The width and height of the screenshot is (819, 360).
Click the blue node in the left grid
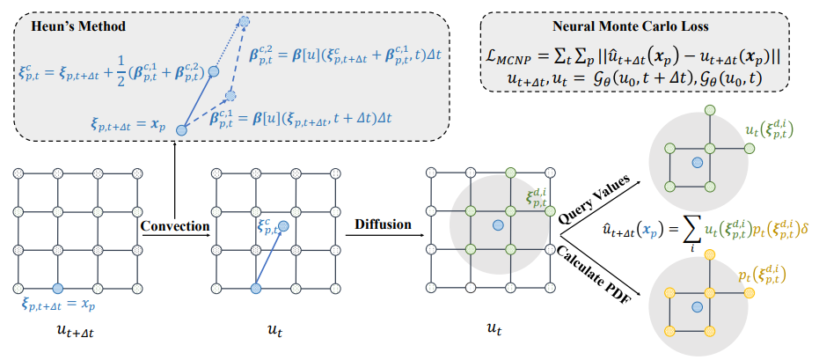coord(58,288)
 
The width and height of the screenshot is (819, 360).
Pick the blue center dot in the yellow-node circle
coord(697,307)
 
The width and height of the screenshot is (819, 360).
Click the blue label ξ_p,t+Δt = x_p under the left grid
coord(58,305)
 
